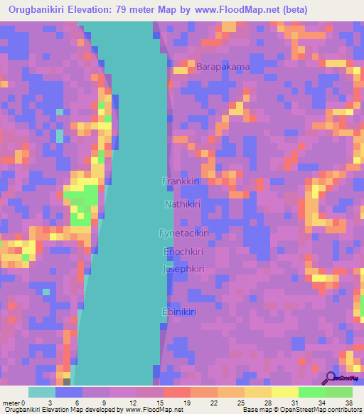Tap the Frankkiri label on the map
pos(180,181)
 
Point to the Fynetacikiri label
pos(183,233)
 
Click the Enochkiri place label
pos(183,252)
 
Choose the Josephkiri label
pos(183,270)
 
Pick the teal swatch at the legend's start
pos(42,392)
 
